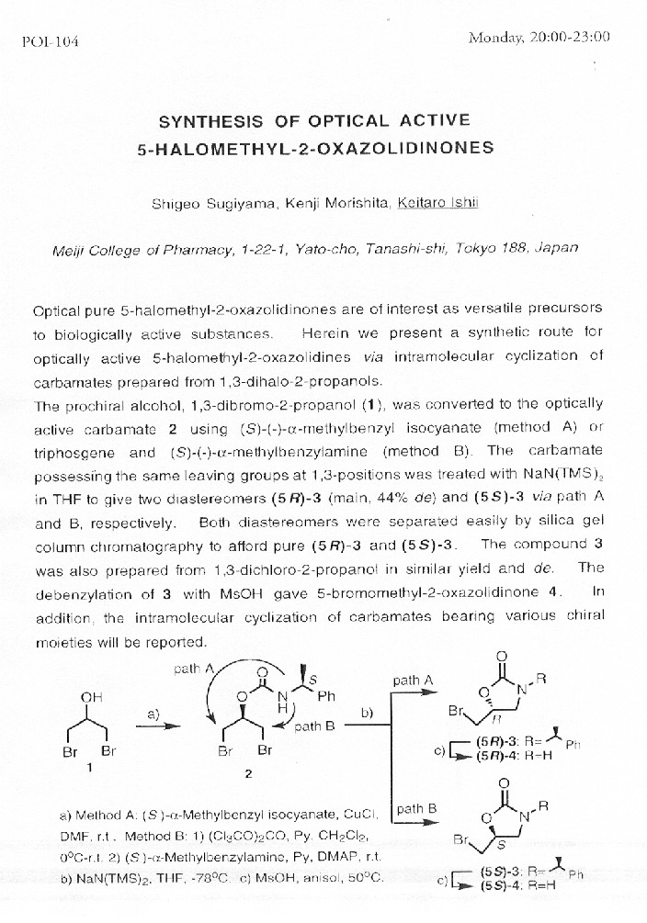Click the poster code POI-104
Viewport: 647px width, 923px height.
[x=49, y=42]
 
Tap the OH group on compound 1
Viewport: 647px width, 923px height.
[x=92, y=698]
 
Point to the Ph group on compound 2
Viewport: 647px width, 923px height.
[x=327, y=697]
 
